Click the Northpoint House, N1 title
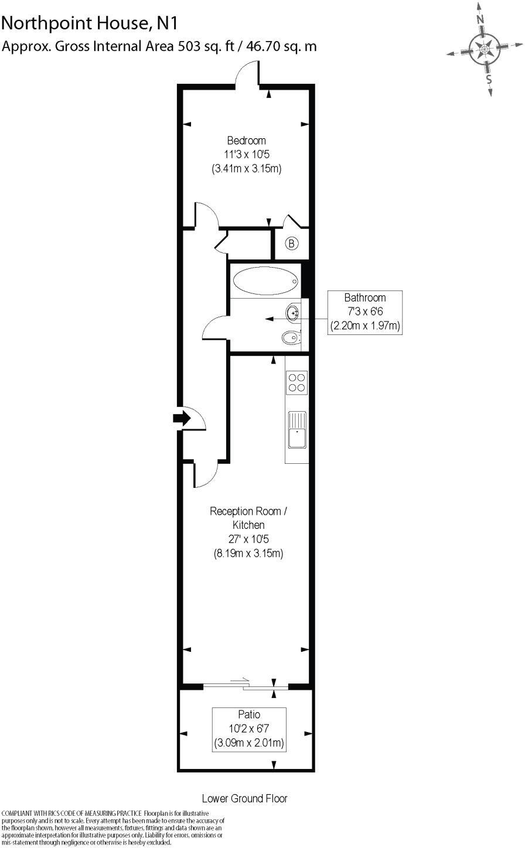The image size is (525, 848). point(89,23)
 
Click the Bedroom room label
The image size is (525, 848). point(246,141)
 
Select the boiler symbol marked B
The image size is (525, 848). point(292,244)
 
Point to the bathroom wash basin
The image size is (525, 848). point(292,313)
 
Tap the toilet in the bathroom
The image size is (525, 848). point(291,337)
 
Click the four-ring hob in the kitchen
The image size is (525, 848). point(296,382)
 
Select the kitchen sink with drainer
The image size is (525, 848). point(297,429)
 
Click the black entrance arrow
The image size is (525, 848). point(181,418)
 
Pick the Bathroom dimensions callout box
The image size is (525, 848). point(365,312)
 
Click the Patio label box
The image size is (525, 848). point(249,729)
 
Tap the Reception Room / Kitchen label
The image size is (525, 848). point(248,518)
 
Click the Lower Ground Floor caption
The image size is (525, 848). point(244,798)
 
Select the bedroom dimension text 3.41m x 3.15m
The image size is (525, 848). point(246,169)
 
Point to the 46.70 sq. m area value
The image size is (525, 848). point(280,46)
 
